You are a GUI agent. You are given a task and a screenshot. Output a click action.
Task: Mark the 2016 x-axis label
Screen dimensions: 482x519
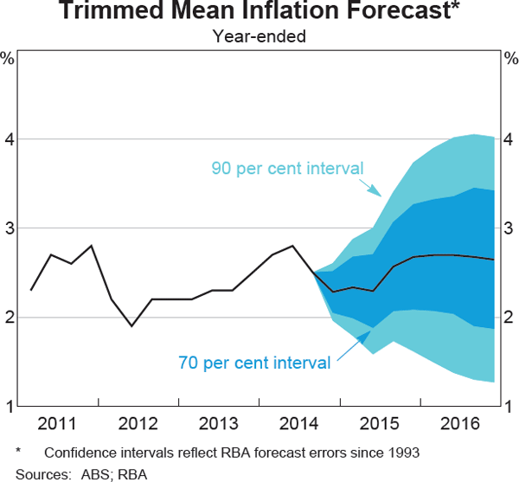(461, 424)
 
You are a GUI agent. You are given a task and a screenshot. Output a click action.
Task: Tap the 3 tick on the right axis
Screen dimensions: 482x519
(510, 228)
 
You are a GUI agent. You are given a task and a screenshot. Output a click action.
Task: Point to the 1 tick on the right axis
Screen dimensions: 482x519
(510, 406)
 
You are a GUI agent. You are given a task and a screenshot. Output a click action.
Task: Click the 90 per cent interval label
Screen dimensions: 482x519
(286, 168)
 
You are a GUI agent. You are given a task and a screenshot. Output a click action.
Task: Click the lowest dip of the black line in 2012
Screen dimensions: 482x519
(131, 326)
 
